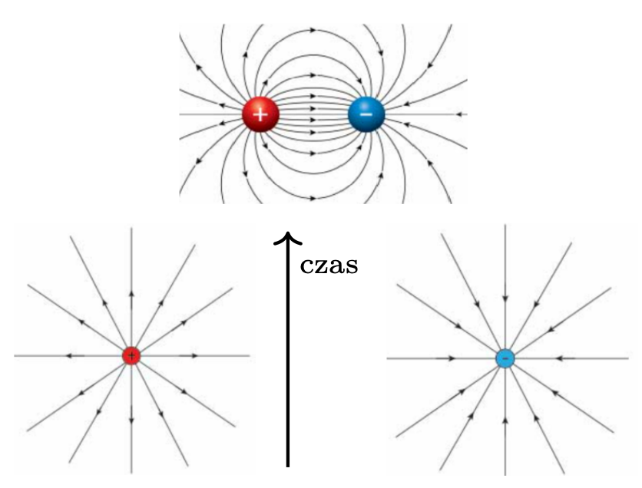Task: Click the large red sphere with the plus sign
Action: pyautogui.click(x=260, y=115)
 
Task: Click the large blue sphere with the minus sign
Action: pyautogui.click(x=366, y=115)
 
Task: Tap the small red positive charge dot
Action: pyautogui.click(x=131, y=356)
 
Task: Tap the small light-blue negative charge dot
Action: pyautogui.click(x=505, y=358)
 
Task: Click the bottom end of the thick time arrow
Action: pyautogui.click(x=288, y=463)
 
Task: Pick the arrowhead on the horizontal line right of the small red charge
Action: pyautogui.click(x=194, y=356)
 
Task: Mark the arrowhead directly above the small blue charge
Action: pyautogui.click(x=505, y=297)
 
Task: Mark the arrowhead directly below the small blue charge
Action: pyautogui.click(x=505, y=420)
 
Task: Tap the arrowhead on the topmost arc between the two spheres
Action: pyautogui.click(x=313, y=31)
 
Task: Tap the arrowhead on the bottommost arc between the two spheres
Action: pyautogui.click(x=313, y=198)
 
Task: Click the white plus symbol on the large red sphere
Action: pyautogui.click(x=260, y=115)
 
